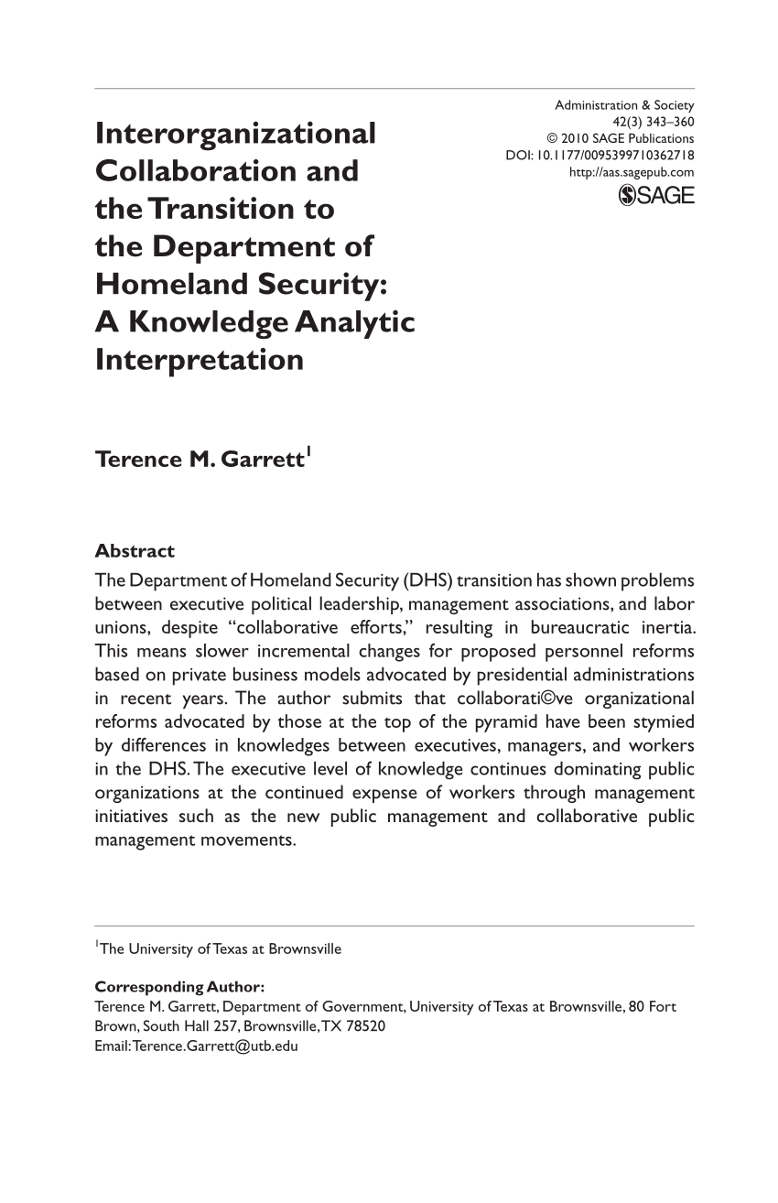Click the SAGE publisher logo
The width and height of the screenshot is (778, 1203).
click(656, 195)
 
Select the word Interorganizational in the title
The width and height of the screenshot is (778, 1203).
click(235, 134)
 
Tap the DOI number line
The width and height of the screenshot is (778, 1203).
click(600, 155)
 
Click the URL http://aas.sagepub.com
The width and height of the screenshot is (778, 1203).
click(632, 171)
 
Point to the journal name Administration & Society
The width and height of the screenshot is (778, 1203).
click(624, 105)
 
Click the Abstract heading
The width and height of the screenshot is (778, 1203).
click(135, 551)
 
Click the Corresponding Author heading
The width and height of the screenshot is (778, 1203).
click(180, 987)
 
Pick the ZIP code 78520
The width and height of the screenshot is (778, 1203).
click(367, 1026)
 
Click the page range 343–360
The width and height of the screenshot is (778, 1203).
click(666, 122)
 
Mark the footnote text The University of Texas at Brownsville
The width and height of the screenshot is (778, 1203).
click(221, 949)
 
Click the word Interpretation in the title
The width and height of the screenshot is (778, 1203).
click(200, 360)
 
